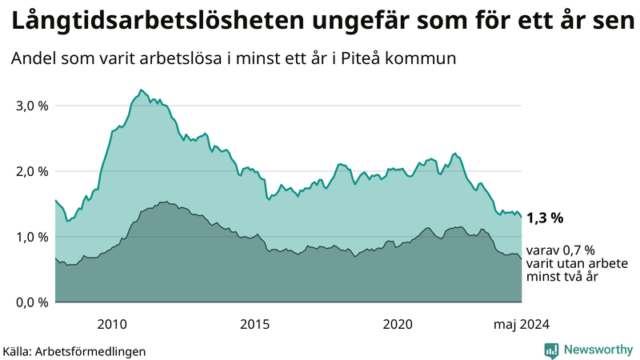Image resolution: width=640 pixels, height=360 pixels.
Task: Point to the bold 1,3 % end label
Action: click(545, 218)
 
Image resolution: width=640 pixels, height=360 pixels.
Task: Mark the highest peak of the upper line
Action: click(141, 90)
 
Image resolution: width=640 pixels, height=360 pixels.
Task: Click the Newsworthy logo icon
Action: click(551, 350)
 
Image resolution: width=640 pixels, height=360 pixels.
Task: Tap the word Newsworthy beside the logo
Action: click(598, 350)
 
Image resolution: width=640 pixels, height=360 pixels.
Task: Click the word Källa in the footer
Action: click(18, 351)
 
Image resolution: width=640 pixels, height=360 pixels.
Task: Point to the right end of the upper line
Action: click(522, 217)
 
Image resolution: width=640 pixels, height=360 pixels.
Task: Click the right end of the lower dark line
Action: click(522, 259)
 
